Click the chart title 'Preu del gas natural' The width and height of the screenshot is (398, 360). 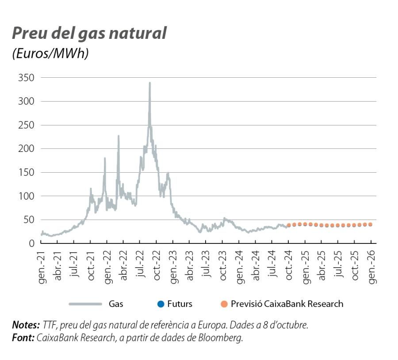pos(89,34)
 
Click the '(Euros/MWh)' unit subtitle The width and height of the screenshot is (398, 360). pos(50,53)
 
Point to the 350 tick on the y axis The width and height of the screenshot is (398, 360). pos(27,78)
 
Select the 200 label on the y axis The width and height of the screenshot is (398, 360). pos(27,149)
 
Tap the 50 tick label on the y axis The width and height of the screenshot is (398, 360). pos(29,220)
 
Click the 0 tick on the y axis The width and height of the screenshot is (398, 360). pos(32,243)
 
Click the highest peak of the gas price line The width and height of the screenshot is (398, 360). pos(149,83)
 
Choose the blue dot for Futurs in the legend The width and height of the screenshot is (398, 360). pos(161,304)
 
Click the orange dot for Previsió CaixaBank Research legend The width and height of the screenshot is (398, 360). pos(224,304)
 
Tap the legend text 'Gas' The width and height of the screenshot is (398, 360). pos(116,304)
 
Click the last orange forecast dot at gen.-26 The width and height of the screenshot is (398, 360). pos(370,224)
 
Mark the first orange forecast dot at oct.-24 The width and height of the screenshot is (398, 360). pos(289,225)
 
